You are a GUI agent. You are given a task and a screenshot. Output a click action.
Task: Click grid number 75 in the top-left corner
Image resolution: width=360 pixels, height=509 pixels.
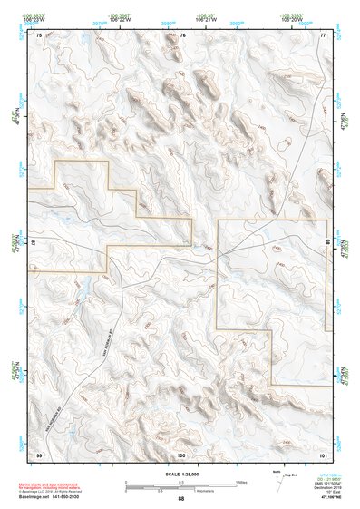pyautogui.click(x=39, y=35)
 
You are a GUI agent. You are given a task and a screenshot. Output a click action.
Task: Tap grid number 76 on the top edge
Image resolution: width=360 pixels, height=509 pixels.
pyautogui.click(x=182, y=35)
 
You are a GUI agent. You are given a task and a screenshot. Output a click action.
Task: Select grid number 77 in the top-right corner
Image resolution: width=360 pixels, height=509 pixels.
pyautogui.click(x=323, y=35)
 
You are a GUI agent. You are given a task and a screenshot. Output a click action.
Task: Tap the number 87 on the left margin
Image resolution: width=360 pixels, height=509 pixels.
pyautogui.click(x=34, y=244)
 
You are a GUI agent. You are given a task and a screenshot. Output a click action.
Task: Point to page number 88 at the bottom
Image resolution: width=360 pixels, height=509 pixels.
pyautogui.click(x=180, y=499)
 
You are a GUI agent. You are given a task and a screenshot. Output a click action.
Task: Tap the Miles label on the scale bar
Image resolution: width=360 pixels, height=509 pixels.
pyautogui.click(x=241, y=481)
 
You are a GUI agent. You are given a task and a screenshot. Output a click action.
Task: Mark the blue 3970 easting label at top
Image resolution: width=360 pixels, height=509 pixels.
pyautogui.click(x=83, y=24)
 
